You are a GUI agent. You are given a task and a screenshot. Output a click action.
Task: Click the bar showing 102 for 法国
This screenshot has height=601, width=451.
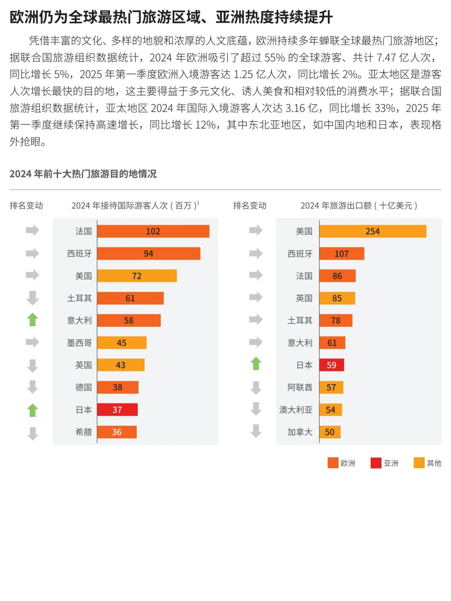153,231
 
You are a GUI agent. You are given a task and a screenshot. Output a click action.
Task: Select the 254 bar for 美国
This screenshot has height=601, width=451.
372,231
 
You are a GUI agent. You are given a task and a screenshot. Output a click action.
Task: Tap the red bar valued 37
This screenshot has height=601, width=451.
117,410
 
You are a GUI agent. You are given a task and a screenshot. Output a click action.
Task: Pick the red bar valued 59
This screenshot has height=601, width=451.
332,365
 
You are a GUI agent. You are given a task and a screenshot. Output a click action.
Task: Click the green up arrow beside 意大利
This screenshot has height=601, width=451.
33,320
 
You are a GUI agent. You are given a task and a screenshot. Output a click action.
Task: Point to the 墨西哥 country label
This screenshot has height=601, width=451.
79,343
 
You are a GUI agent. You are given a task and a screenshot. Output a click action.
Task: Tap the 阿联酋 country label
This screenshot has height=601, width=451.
300,387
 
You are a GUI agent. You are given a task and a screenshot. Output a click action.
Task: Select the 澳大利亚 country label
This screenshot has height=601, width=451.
296,410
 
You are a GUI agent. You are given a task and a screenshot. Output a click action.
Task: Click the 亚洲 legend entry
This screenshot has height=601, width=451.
385,463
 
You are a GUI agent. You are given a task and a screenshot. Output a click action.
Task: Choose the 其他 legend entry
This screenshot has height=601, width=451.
428,463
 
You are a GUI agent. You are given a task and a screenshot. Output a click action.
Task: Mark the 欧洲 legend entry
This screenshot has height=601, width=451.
342,463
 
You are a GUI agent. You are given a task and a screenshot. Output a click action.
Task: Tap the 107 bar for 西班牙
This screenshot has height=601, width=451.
342,254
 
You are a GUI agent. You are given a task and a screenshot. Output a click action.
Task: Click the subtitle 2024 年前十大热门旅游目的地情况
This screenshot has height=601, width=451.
83,174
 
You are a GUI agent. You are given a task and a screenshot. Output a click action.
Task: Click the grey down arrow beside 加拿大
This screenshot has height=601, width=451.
256,431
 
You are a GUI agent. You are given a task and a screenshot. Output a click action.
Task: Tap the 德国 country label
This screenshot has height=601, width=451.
84,387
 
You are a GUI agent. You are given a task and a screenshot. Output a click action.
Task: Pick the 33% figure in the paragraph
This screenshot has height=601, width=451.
385,108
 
